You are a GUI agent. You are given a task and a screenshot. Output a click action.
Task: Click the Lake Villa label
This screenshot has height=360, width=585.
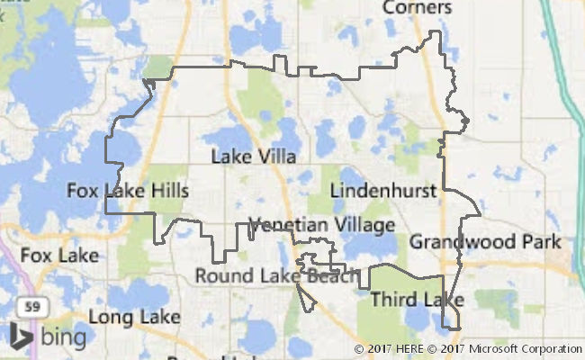click(253, 157)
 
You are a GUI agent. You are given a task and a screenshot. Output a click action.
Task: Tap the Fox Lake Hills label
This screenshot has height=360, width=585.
click(128, 191)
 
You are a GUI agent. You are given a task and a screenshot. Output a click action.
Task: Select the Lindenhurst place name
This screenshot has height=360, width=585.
click(382, 191)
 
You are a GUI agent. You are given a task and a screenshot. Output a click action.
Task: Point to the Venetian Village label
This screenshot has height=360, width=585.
click(321, 224)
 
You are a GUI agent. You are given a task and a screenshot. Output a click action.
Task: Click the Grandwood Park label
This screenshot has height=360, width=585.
click(485, 242)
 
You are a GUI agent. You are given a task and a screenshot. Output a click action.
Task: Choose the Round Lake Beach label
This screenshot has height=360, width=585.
click(276, 275)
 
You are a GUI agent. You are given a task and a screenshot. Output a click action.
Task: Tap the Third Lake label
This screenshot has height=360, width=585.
click(417, 299)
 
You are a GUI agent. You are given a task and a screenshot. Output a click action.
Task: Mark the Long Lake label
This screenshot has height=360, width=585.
click(134, 317)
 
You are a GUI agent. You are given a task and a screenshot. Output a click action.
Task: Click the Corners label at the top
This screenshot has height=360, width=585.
click(417, 8)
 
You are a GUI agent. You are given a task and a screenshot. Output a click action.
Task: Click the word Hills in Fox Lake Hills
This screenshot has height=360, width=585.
click(169, 191)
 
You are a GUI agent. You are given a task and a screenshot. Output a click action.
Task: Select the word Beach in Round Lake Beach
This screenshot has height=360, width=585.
click(330, 275)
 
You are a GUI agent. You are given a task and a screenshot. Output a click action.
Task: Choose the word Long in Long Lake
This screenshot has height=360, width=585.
click(111, 317)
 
